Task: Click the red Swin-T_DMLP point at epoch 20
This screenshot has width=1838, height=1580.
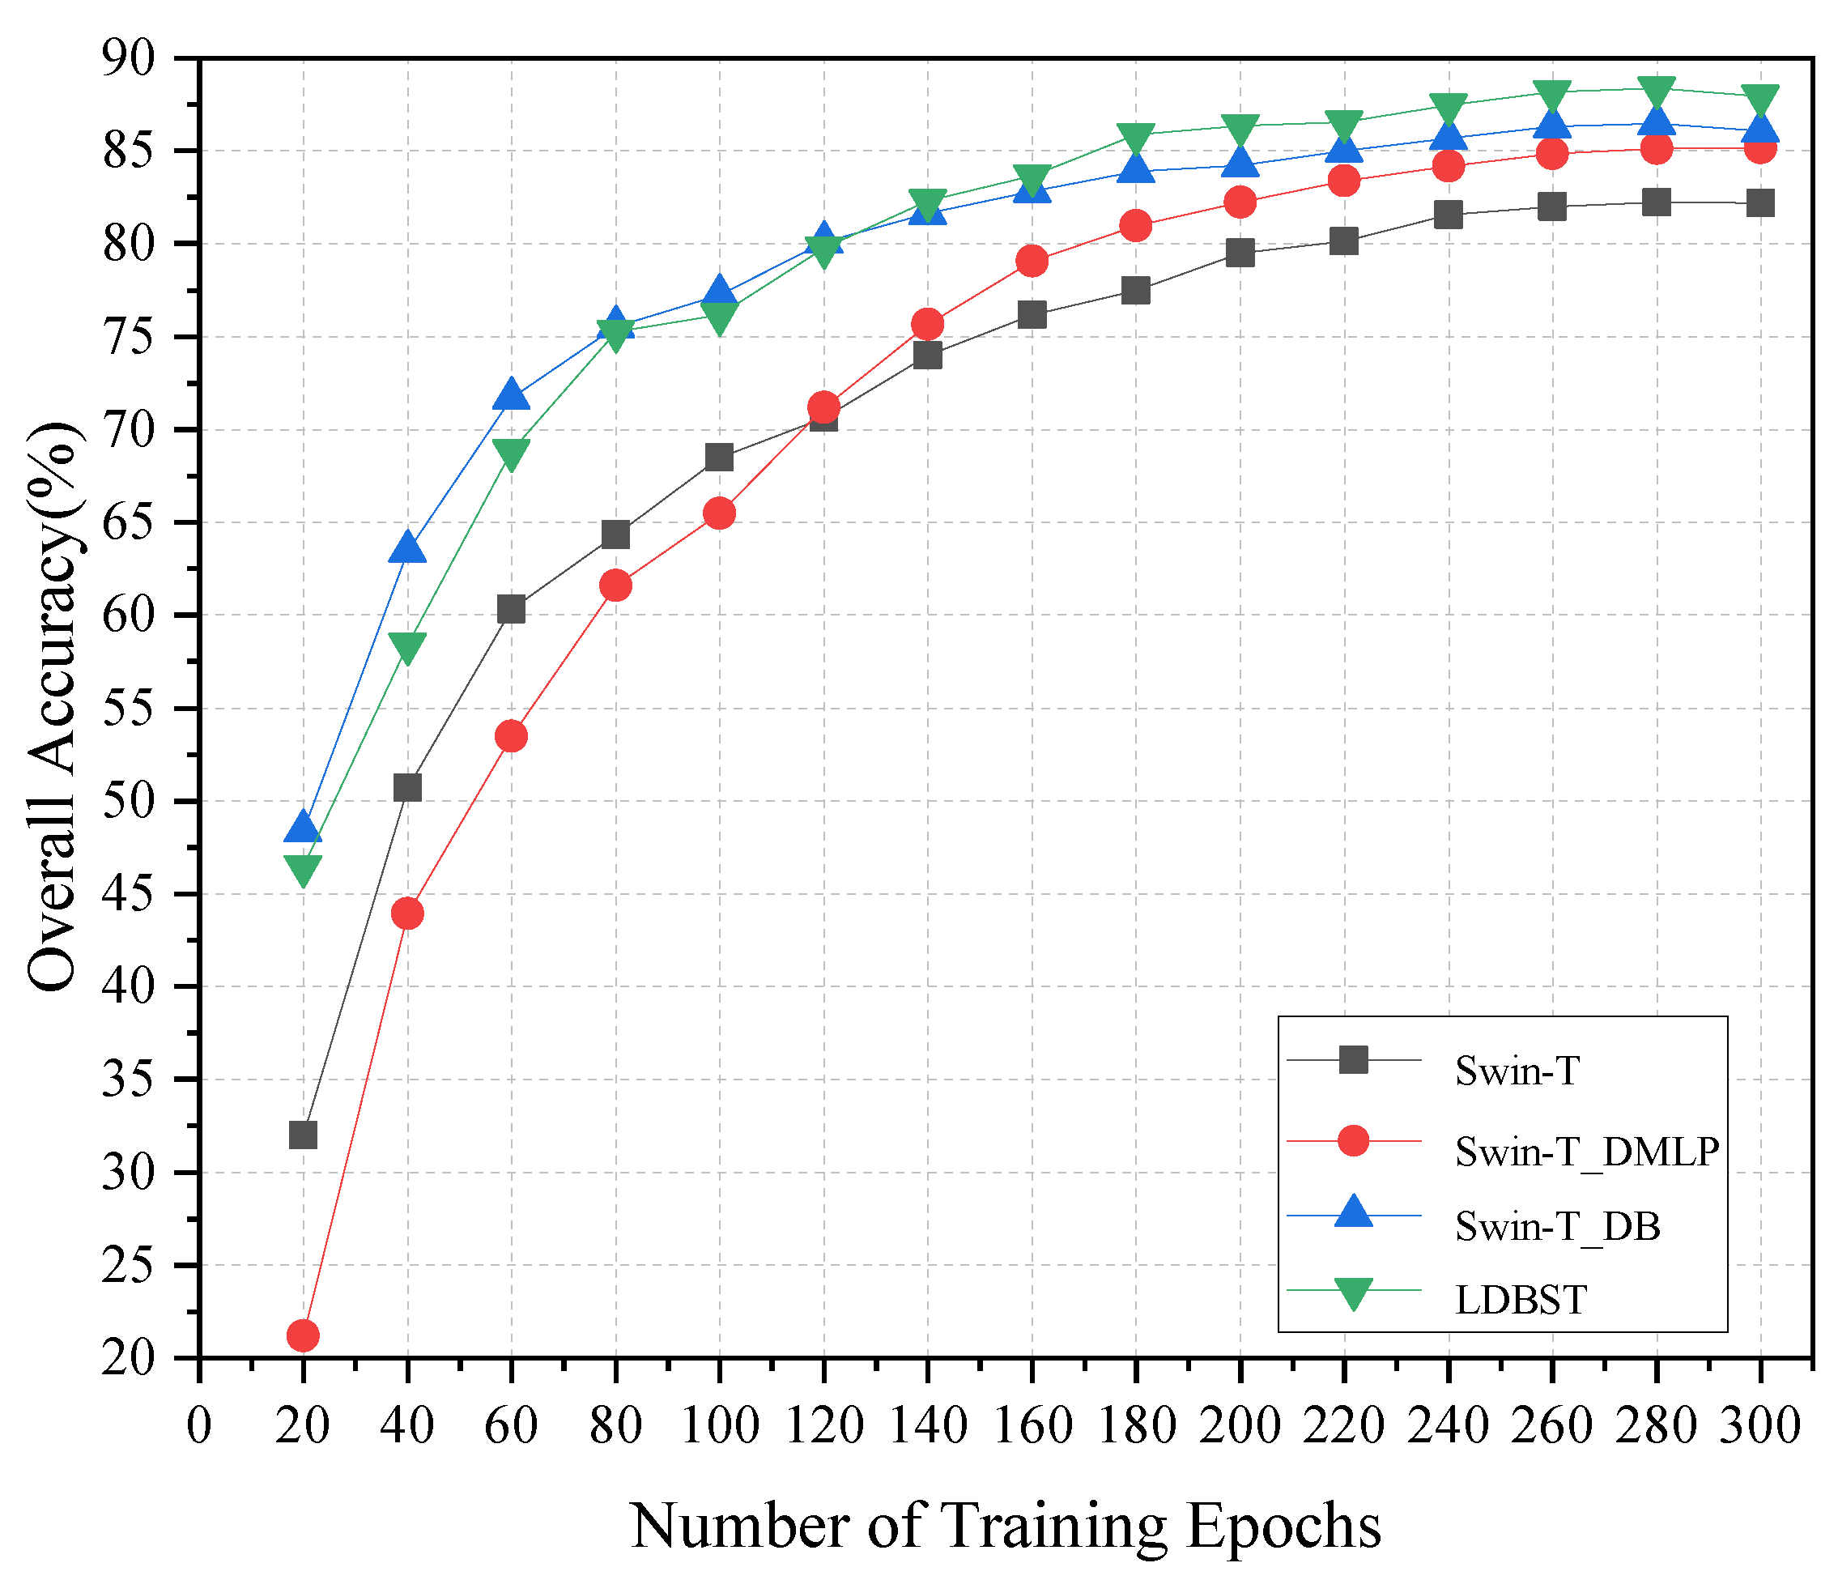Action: tap(304, 1335)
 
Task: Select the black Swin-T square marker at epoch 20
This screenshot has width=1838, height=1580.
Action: tap(304, 1135)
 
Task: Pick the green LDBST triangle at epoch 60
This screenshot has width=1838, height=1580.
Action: tap(511, 454)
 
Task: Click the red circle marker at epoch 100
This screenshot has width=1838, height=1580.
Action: tap(719, 513)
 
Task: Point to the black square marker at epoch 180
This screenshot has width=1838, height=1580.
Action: tap(1135, 290)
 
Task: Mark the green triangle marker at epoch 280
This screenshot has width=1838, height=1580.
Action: tap(1656, 91)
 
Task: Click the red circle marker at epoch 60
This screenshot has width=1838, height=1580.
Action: tap(511, 735)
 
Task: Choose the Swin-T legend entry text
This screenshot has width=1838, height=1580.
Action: tap(1517, 1071)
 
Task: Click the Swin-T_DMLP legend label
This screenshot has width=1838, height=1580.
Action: tap(1587, 1152)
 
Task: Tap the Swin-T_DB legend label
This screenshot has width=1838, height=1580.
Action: tap(1557, 1226)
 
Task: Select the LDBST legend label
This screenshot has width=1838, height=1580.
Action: tap(1521, 1301)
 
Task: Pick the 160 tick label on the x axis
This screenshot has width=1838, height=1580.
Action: tap(1032, 1426)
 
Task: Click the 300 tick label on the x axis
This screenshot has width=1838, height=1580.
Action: tap(1760, 1426)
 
